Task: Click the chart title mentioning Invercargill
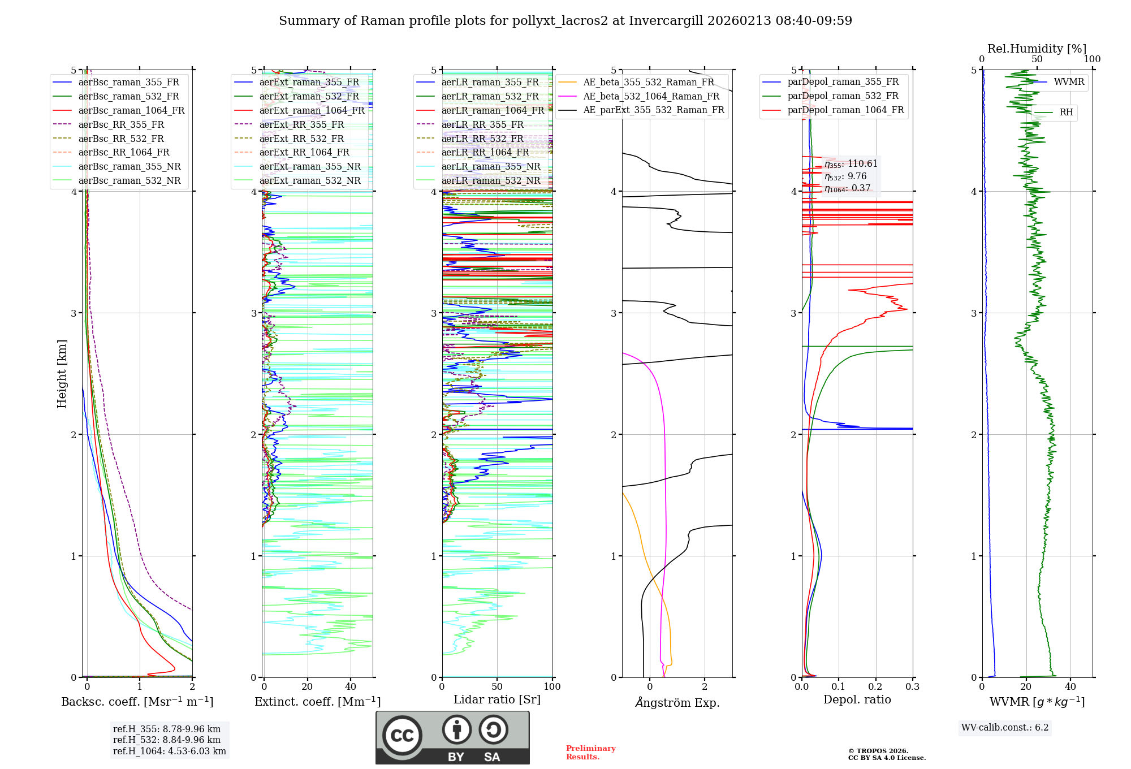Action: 565,21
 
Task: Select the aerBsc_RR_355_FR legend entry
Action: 121,124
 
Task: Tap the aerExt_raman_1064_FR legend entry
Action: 312,110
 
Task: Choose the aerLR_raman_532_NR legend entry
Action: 490,180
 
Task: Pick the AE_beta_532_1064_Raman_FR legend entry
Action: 651,96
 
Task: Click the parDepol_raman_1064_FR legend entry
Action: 845,110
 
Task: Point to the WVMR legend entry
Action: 1069,82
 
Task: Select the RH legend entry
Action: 1066,113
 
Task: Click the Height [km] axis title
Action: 62,374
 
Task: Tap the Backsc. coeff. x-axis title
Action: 137,702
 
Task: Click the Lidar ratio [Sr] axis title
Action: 497,699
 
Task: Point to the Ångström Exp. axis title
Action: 677,702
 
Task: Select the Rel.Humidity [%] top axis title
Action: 1037,49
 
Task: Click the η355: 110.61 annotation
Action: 851,164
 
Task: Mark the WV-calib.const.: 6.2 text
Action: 1005,728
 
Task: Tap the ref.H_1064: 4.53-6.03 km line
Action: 170,751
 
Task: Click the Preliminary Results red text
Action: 590,753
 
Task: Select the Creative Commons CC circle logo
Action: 402,736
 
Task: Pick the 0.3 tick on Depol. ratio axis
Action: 912,687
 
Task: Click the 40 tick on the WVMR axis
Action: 1070,687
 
